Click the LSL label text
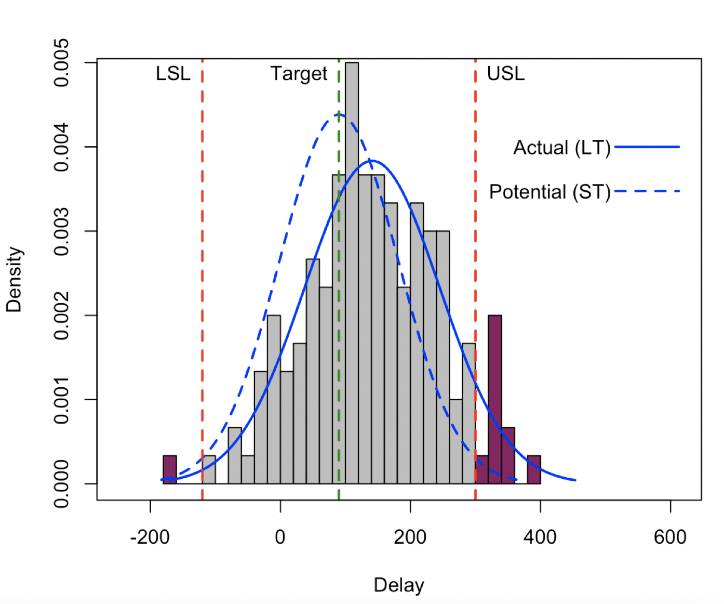173,74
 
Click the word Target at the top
299,74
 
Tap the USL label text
505,74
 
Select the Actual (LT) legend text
561,148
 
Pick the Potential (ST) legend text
549,192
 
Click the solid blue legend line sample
647,147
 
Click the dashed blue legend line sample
647,191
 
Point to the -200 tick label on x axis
150,537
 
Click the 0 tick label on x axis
280,537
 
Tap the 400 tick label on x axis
540,537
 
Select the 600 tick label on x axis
670,537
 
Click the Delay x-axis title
399,585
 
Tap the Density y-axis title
14,280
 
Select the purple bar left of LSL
170,470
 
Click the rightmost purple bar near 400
534,470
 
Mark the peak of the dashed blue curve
338,114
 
